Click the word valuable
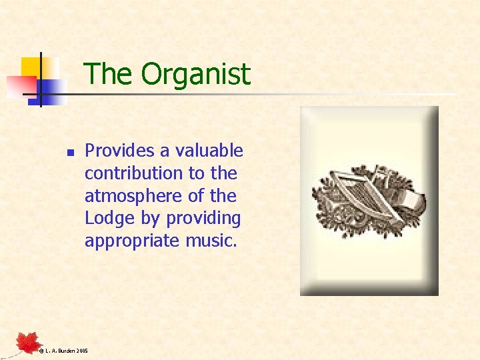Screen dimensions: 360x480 209,151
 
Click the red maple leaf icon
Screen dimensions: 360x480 29,343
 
